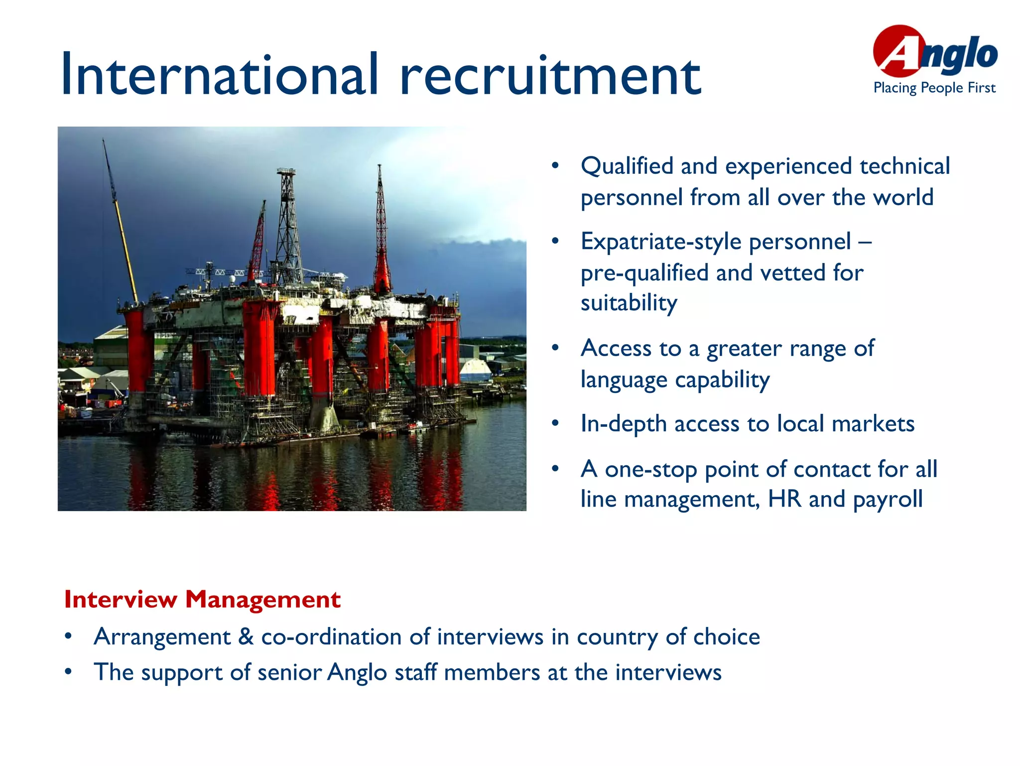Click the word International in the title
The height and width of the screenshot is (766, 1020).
[x=219, y=75]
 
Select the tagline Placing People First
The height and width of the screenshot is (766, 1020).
[x=934, y=88]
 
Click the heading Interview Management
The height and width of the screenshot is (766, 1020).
[x=202, y=599]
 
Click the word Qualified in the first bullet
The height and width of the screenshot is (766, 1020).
[x=627, y=166]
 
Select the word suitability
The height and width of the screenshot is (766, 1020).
[x=629, y=303]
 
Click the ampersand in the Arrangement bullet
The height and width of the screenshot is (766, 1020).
[x=246, y=637]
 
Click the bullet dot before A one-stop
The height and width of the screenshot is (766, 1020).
[x=555, y=468]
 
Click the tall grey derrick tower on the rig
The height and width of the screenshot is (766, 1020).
[x=288, y=224]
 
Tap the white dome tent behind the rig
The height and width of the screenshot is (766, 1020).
[x=475, y=370]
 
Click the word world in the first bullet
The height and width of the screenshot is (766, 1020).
[x=903, y=198]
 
